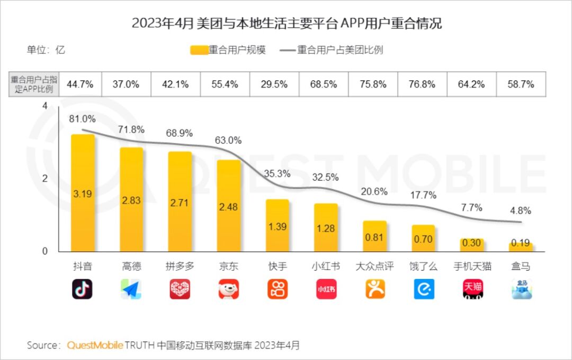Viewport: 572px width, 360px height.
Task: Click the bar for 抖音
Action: coord(83,193)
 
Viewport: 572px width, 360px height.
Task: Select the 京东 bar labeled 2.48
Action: coord(229,206)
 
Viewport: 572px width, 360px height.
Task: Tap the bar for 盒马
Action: coord(521,247)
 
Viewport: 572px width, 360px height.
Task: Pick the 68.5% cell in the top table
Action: coord(323,84)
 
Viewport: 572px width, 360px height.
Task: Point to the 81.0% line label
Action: coord(82,119)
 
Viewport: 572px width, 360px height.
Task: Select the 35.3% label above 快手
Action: coord(277,173)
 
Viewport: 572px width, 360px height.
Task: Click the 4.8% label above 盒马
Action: coord(521,210)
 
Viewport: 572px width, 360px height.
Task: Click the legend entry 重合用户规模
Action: coord(228,50)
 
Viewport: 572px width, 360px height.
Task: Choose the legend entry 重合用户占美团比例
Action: coord(332,50)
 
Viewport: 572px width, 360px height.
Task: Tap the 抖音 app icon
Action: coord(82,289)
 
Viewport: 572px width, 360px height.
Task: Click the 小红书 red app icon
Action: coord(326,289)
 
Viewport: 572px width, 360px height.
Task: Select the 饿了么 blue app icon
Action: coord(424,289)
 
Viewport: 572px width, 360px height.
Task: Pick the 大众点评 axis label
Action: coord(374,266)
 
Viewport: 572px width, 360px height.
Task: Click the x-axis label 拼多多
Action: coord(180,266)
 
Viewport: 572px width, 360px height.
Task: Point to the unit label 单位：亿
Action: coord(46,50)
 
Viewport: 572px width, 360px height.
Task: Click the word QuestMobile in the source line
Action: coord(95,345)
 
